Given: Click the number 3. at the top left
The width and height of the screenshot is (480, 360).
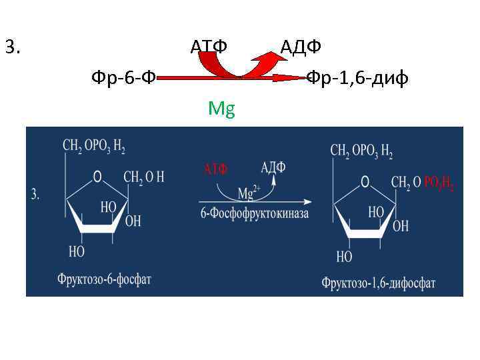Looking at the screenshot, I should click(x=13, y=47).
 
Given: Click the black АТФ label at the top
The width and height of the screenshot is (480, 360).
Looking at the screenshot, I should click(x=209, y=47).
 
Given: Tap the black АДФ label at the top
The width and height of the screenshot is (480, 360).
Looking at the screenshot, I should click(x=301, y=47).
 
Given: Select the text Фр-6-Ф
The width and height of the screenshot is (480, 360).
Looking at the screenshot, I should click(x=123, y=79).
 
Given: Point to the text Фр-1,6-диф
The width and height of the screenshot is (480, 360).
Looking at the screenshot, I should click(x=357, y=79).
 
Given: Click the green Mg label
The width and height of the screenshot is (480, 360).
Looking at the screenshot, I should click(x=221, y=108).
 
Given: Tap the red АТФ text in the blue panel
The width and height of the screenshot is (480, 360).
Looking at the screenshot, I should click(x=215, y=169).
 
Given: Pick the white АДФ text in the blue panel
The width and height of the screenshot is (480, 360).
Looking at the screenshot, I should click(x=273, y=167).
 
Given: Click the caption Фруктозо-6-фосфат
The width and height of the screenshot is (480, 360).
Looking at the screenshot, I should click(x=104, y=278).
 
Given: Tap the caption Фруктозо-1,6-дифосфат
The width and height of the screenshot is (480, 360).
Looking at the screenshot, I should click(x=378, y=283).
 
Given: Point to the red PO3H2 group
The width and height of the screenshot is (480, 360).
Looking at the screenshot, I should click(x=439, y=183).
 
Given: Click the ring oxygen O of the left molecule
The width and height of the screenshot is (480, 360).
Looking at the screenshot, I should click(x=97, y=177).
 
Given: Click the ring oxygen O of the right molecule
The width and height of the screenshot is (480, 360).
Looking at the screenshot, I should click(x=365, y=181).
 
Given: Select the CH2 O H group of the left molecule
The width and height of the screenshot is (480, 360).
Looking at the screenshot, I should click(x=144, y=177).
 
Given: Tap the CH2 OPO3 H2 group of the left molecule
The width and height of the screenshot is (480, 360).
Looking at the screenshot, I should click(x=94, y=146).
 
